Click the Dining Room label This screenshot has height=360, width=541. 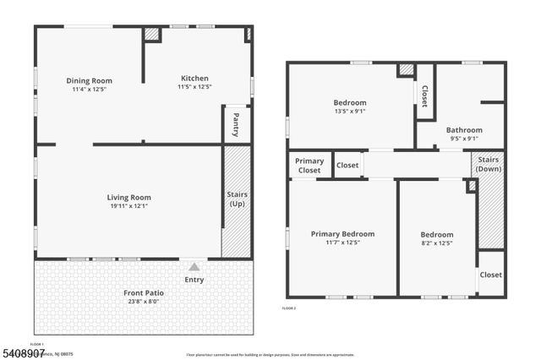pyautogui.click(x=89, y=81)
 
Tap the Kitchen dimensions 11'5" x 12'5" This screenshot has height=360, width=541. pyautogui.click(x=194, y=87)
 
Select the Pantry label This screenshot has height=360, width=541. pyautogui.click(x=237, y=124)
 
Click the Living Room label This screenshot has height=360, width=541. pyautogui.click(x=128, y=198)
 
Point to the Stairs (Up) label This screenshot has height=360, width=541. pyautogui.click(x=237, y=199)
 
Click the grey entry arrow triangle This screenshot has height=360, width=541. pyautogui.click(x=194, y=266)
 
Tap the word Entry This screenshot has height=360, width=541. pyautogui.click(x=194, y=280)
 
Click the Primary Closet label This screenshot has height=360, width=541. pyautogui.click(x=309, y=165)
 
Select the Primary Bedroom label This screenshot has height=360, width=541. pyautogui.click(x=342, y=234)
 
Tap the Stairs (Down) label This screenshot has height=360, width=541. pyautogui.click(x=489, y=164)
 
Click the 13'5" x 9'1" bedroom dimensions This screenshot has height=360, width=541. pyautogui.click(x=349, y=112)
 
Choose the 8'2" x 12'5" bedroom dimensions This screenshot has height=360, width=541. pyautogui.click(x=437, y=243)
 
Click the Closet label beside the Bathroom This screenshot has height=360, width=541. pyautogui.click(x=425, y=95)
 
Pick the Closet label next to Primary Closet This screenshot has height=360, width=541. pyautogui.click(x=347, y=166)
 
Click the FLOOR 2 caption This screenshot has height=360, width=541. pyautogui.click(x=289, y=308)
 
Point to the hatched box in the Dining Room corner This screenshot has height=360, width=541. pyautogui.click(x=151, y=35)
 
